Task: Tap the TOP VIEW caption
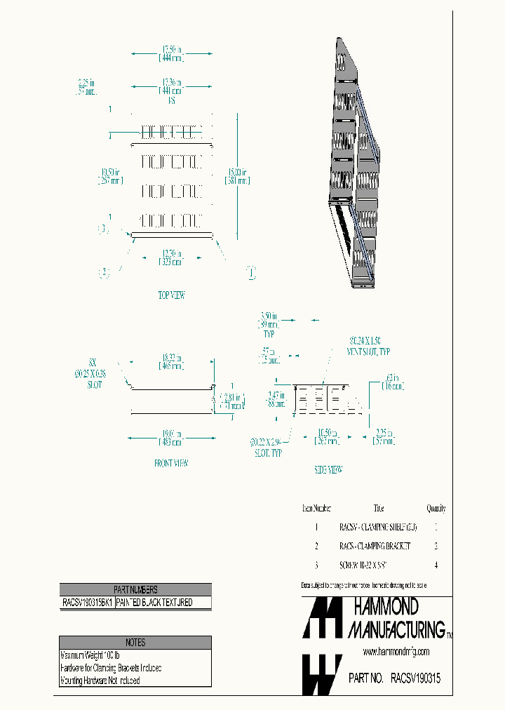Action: coord(171,295)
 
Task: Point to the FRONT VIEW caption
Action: coord(171,463)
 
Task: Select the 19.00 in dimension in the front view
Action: coord(172,438)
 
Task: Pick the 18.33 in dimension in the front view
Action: coord(170,362)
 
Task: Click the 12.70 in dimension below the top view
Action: coord(171,257)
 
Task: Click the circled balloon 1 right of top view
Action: coord(250,272)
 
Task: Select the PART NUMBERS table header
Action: coord(135,590)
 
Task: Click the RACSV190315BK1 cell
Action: coord(87,603)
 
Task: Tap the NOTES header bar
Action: coord(135,642)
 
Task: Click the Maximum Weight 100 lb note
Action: coord(90,655)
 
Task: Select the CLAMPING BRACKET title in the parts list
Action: coord(374,546)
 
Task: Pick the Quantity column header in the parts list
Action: coord(436,509)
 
